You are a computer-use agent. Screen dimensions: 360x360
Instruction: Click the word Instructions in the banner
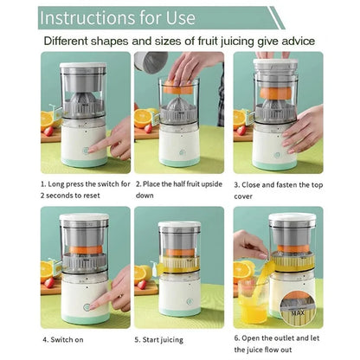[87, 18]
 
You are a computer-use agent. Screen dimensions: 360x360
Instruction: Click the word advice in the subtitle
[298, 41]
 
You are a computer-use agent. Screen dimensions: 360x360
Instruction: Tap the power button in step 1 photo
[86, 151]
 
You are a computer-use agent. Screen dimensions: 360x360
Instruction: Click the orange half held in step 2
[178, 87]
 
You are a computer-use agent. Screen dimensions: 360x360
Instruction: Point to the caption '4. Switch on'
[63, 339]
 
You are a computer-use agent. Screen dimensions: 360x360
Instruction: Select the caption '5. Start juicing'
[159, 340]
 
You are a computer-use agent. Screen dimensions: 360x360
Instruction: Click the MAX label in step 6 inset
[298, 312]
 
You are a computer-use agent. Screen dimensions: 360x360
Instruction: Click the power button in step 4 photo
[87, 307]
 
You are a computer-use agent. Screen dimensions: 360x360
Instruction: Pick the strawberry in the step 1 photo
[48, 131]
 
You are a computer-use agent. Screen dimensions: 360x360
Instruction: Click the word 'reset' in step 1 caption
[92, 196]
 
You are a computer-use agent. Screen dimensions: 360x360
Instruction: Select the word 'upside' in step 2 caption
[212, 184]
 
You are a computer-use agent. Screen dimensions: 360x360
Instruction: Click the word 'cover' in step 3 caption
[243, 196]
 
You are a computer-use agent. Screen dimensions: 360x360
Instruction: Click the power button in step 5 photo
[190, 302]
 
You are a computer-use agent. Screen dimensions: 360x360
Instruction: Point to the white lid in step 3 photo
[275, 61]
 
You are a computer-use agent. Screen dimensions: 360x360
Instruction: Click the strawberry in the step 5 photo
[142, 285]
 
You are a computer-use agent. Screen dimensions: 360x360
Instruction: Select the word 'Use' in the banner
[181, 18]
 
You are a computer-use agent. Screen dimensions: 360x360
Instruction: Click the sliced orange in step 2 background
[143, 119]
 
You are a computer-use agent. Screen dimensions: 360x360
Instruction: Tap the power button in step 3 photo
[277, 156]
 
